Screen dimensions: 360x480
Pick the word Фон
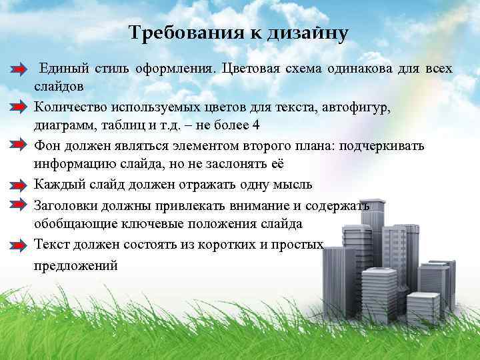click(x=47, y=146)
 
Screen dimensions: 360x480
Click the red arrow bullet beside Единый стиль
click(x=19, y=70)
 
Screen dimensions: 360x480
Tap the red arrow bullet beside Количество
click(x=19, y=107)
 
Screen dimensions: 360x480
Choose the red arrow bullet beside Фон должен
click(x=19, y=147)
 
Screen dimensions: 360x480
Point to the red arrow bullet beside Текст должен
click(x=19, y=245)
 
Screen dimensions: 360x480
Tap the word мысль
click(x=293, y=185)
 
